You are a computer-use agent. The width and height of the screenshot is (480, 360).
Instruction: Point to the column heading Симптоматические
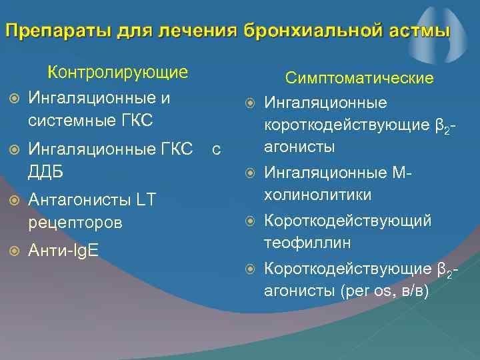(359, 79)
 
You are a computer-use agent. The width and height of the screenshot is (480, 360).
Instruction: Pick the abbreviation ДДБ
(45, 171)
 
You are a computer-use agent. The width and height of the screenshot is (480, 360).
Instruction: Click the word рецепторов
(75, 222)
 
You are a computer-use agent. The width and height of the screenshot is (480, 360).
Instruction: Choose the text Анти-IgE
(64, 251)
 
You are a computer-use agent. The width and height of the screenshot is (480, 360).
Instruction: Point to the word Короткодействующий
(348, 221)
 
